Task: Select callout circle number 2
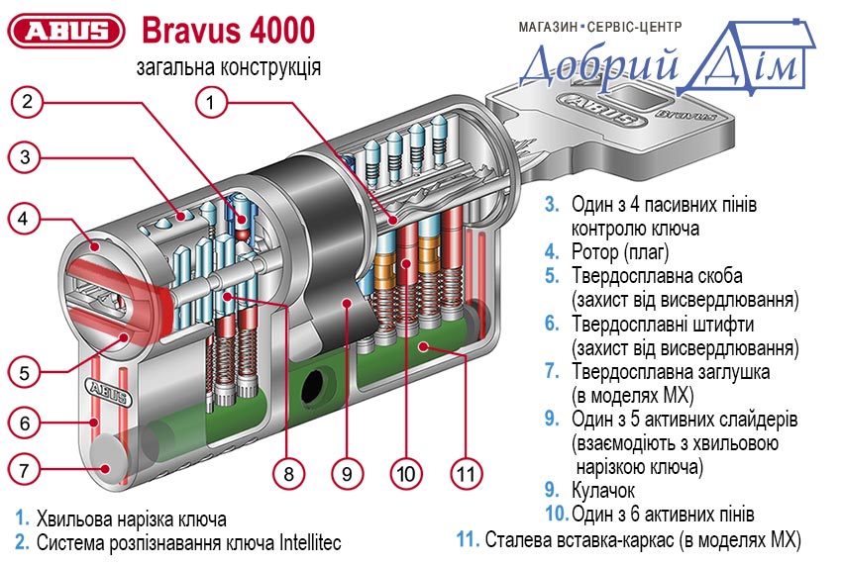point(29,100)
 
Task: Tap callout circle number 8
point(288,473)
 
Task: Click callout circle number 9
point(346,473)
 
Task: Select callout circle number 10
point(405,473)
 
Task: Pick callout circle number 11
point(466,473)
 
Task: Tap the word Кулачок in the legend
point(603,490)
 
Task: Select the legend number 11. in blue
point(468,540)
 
